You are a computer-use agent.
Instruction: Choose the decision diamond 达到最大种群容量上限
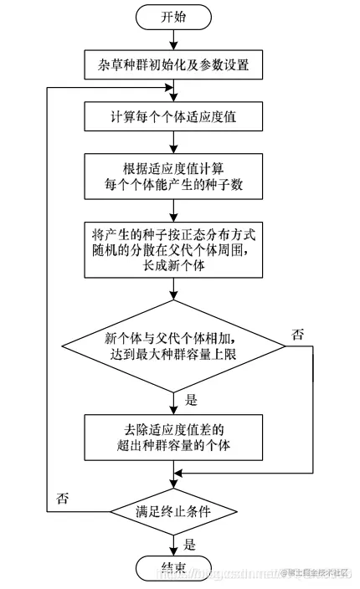173,345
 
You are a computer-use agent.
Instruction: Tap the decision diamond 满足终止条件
174,510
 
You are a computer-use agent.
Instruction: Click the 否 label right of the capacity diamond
297,334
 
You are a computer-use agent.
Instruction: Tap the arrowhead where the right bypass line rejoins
179,474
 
